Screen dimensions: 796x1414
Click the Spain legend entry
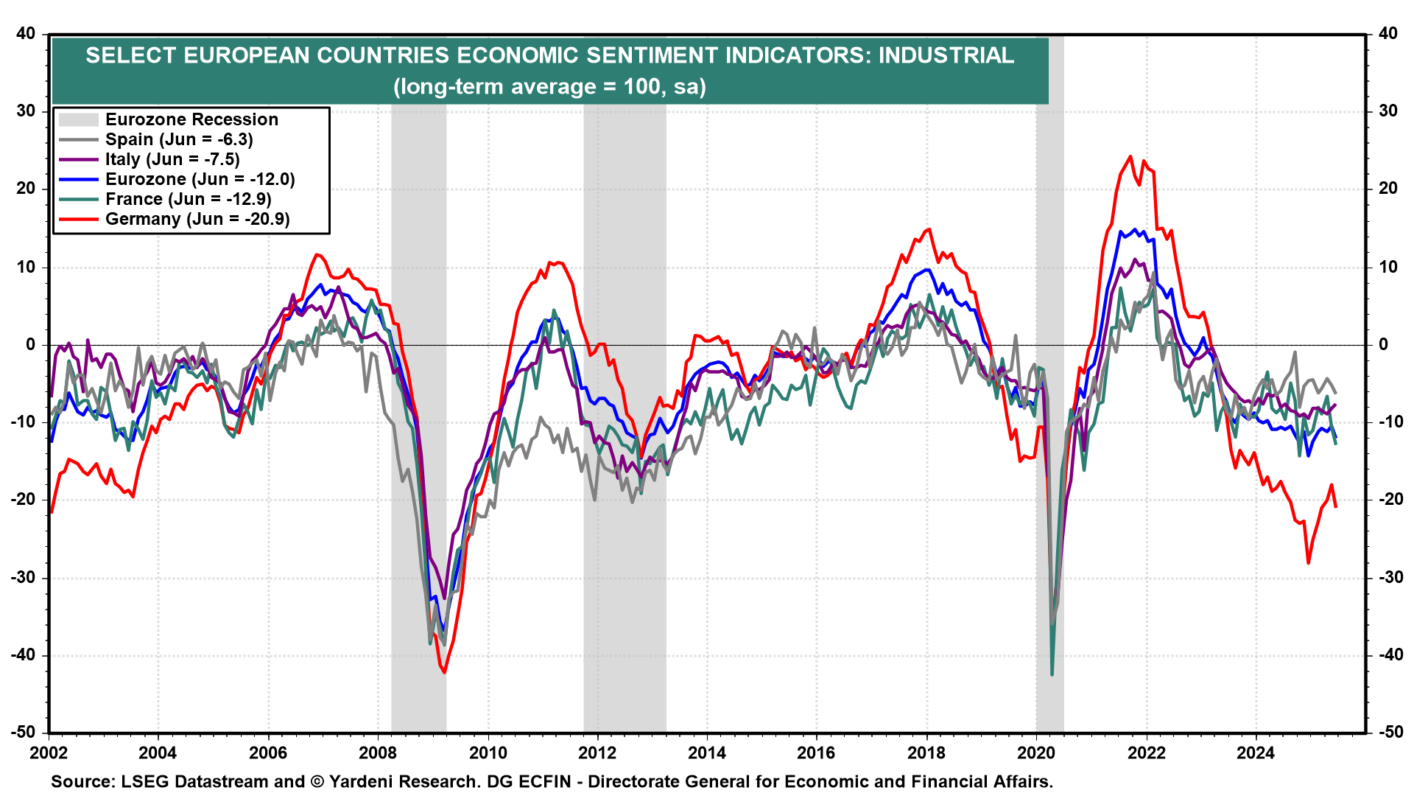coord(178,139)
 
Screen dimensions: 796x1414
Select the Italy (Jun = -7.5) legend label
coord(172,159)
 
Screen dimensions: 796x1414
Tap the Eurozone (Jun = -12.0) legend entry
coord(200,179)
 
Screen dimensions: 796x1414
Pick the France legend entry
coord(188,199)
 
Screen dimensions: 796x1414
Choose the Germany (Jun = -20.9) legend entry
coord(197,219)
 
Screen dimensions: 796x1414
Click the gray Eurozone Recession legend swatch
coord(78,119)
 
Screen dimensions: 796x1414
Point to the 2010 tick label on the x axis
coord(488,753)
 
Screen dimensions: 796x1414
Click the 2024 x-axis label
coord(1256,753)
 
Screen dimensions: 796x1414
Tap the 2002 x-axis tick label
coord(49,753)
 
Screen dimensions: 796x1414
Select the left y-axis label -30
coord(25,577)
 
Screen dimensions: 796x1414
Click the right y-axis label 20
coord(1387,189)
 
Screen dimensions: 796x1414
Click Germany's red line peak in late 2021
coord(1130,156)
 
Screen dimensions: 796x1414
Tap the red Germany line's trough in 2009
coord(444,672)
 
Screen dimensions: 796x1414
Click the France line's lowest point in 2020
coord(1052,674)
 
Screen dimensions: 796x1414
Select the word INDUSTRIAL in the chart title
coord(946,55)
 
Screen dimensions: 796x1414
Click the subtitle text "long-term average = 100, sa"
coord(549,87)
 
